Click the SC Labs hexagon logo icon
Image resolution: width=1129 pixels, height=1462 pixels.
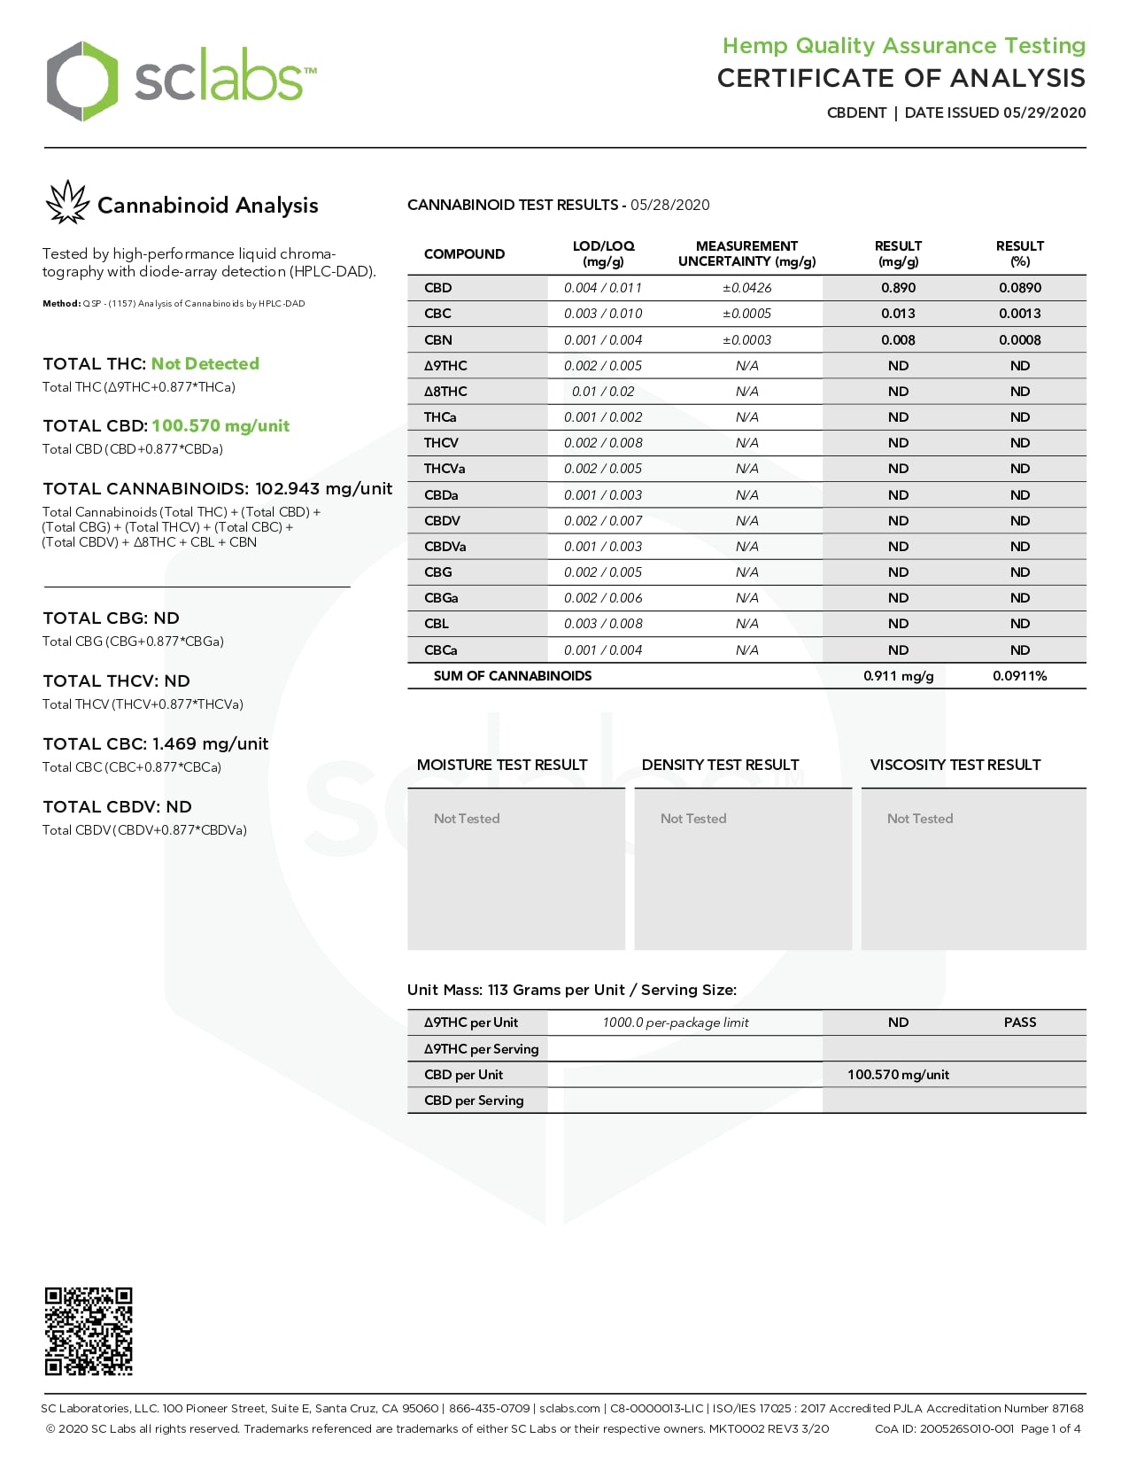coord(81,81)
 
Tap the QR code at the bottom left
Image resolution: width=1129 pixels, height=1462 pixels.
coord(89,1331)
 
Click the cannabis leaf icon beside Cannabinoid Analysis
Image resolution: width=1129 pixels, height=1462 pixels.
coord(67,203)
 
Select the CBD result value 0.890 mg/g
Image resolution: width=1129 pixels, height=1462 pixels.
coord(898,288)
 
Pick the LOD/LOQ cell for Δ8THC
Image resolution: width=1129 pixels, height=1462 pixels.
coord(603,392)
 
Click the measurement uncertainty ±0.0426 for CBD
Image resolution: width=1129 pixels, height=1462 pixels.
coord(746,288)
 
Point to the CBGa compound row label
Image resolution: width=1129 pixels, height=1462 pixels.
coord(441,598)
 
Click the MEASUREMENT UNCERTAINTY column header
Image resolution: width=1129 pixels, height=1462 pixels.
coord(746,253)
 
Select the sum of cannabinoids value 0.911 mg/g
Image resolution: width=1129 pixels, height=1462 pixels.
coord(898,676)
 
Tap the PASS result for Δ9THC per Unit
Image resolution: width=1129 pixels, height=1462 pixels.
coord(1019,1023)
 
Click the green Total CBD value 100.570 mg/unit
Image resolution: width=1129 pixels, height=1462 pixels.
coord(220,426)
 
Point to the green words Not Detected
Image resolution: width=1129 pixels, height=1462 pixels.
coord(205,364)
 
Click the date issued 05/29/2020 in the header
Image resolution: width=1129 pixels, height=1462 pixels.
coord(1044,113)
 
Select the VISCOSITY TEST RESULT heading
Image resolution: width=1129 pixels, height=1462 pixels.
coord(955,765)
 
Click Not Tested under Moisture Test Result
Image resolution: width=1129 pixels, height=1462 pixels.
coord(467,819)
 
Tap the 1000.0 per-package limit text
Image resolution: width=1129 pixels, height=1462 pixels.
coord(676,1023)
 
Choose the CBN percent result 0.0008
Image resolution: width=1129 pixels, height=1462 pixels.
coord(1019,340)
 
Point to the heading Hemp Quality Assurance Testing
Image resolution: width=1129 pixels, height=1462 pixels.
coord(903,45)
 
